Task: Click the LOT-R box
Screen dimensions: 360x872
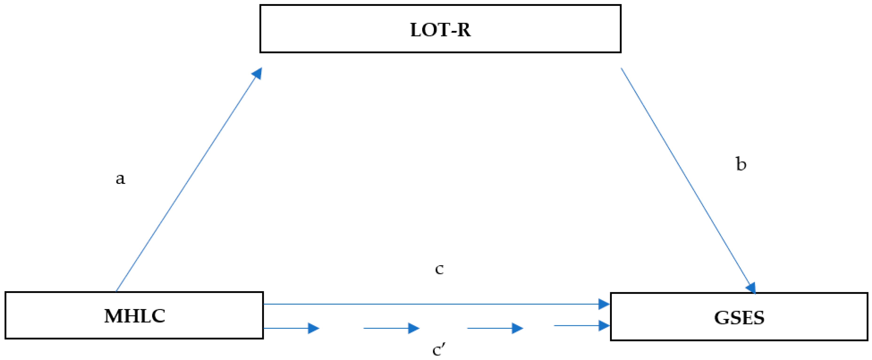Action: (440, 29)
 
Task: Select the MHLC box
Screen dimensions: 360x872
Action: (134, 315)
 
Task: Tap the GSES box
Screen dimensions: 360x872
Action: (739, 317)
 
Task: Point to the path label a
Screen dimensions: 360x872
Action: (120, 178)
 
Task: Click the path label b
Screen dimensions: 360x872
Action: (741, 164)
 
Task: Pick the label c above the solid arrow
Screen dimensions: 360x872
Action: (439, 269)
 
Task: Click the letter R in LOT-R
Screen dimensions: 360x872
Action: (463, 30)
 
